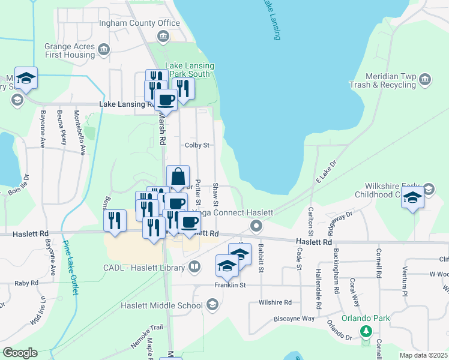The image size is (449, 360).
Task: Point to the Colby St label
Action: click(x=196, y=145)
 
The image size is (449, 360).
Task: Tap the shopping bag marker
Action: click(x=178, y=178)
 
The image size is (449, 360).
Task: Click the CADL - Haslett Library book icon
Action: click(x=194, y=268)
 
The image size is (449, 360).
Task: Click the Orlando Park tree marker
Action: click(x=365, y=331)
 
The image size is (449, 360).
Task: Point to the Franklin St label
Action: click(x=231, y=285)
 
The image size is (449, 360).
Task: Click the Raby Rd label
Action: click(x=26, y=283)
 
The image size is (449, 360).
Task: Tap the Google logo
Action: click(x=20, y=353)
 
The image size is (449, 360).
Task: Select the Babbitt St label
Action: click(x=261, y=257)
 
